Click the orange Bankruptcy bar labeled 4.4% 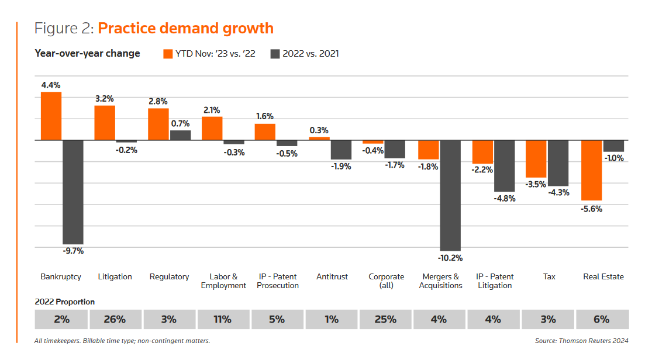point(51,116)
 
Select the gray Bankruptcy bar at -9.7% point(73,192)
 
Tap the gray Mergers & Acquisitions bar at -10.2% point(450,195)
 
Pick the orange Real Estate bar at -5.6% point(591,170)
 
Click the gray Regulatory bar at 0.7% point(180,135)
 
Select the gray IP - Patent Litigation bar point(504,166)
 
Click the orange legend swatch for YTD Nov point(168,54)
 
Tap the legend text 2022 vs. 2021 point(311,54)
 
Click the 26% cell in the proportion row point(115,319)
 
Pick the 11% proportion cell point(223,319)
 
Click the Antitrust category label point(332,276)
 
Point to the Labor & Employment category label point(223,281)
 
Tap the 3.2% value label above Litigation point(105,99)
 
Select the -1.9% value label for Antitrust point(341,167)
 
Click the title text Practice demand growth point(185,28)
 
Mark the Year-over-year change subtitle point(88,54)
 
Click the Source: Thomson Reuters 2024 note point(581,341)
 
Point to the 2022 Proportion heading point(65,302)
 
